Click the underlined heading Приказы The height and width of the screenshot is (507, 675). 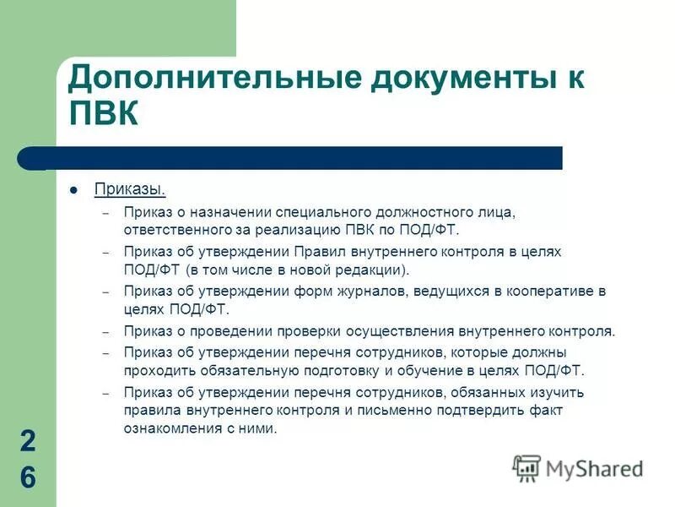click(x=130, y=188)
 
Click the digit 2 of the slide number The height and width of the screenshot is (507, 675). click(x=28, y=441)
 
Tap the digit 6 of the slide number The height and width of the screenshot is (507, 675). click(x=28, y=478)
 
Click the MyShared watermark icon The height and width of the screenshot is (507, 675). click(x=526, y=468)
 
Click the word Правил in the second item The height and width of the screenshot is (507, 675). click(x=316, y=252)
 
